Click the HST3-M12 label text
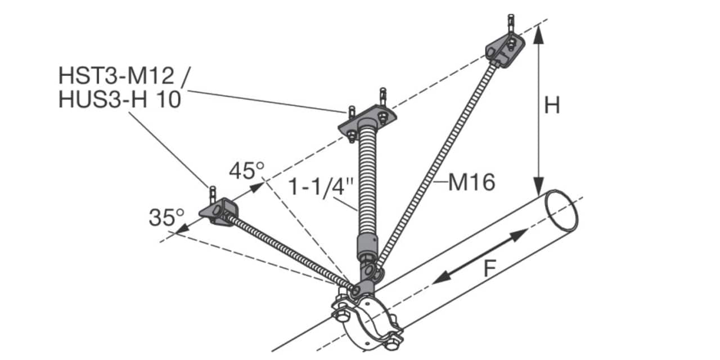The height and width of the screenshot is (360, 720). click(x=116, y=75)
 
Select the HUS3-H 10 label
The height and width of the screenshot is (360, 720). click(x=120, y=99)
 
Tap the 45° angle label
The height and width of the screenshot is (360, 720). click(x=247, y=170)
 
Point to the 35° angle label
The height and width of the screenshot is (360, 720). click(x=167, y=217)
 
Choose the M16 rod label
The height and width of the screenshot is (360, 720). click(x=471, y=183)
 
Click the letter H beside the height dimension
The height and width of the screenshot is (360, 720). click(x=552, y=105)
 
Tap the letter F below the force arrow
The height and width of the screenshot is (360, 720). click(x=490, y=269)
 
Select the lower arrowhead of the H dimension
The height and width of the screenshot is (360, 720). click(x=539, y=186)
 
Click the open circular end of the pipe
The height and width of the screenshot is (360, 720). click(x=561, y=210)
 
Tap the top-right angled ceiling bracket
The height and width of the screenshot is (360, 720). click(x=505, y=51)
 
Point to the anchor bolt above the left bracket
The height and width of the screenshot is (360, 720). click(x=213, y=194)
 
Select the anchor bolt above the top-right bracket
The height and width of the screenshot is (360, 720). click(x=511, y=24)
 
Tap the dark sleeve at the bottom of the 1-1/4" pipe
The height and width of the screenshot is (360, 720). click(x=367, y=247)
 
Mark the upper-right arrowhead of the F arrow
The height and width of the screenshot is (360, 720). click(x=519, y=235)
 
